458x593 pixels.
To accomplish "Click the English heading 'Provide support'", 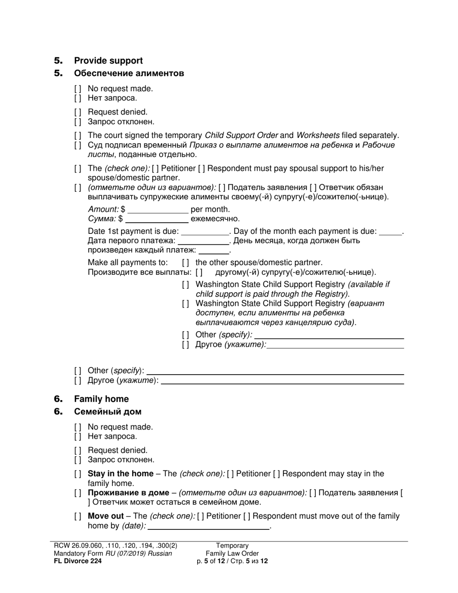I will (x=108, y=61).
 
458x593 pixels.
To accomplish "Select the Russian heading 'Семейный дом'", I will (x=108, y=412).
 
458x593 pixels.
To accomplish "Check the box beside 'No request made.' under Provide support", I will (x=78, y=89).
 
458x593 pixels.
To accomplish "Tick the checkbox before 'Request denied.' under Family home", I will (x=78, y=450).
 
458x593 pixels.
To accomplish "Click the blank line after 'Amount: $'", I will (x=158, y=210).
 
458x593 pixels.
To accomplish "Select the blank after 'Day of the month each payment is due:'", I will (x=391, y=231).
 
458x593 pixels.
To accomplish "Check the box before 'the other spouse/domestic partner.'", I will (x=186, y=263).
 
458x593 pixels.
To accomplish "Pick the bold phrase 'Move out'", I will (x=106, y=516).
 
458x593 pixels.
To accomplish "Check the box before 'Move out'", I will (x=78, y=516).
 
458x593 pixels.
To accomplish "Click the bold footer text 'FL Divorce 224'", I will (x=78, y=561).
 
